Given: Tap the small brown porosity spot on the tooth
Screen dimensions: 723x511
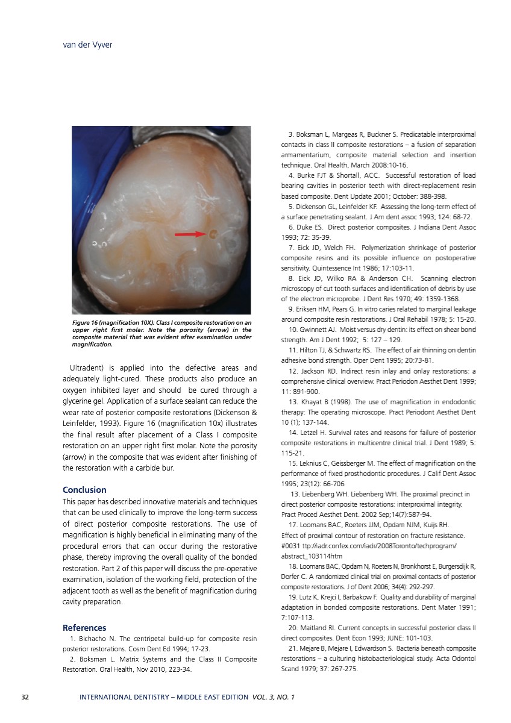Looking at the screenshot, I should [x=212, y=234].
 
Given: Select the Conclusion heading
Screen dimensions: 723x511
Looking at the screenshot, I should [x=84, y=489].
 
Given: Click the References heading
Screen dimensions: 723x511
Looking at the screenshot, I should [x=84, y=627].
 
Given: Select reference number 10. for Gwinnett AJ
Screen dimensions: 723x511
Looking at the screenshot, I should [x=295, y=330].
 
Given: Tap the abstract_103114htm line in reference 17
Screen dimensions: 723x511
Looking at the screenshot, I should [x=311, y=556].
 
